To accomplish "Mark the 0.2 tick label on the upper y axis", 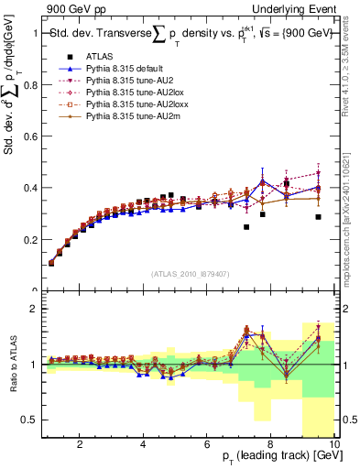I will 29,240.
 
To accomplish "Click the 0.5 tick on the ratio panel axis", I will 29,420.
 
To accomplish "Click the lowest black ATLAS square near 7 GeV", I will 246,227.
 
